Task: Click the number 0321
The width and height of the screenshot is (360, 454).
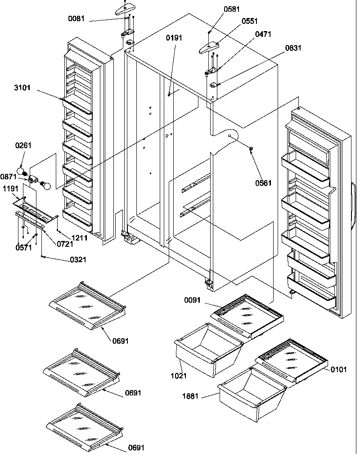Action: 78,259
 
